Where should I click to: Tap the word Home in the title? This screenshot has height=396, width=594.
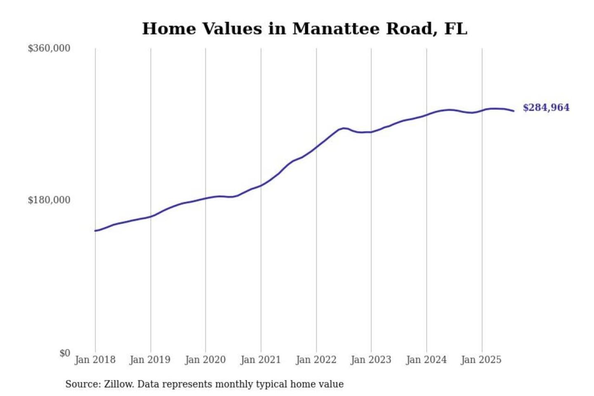coord(169,29)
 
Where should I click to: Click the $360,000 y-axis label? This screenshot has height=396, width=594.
coord(49,48)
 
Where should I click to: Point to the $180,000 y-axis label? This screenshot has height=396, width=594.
coord(49,200)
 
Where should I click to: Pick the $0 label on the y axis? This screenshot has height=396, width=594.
coord(65,353)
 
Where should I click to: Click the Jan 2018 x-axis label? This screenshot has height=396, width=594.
coord(95,360)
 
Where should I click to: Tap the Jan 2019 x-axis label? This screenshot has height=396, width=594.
coord(150,360)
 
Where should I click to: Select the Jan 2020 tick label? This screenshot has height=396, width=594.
coord(205,360)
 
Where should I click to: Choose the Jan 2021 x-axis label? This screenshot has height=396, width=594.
coord(260,360)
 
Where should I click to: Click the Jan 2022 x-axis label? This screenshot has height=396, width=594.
coord(316,360)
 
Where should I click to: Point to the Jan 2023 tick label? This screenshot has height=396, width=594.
coord(371,360)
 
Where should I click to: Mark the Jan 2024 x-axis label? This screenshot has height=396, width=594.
coord(426,360)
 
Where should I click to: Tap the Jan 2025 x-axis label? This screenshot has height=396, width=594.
coord(481,360)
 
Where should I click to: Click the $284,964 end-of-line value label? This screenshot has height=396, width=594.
coord(546,108)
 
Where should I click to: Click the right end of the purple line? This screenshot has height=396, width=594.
coord(514,111)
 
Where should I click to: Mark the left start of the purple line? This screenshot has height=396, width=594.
coord(95,231)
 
